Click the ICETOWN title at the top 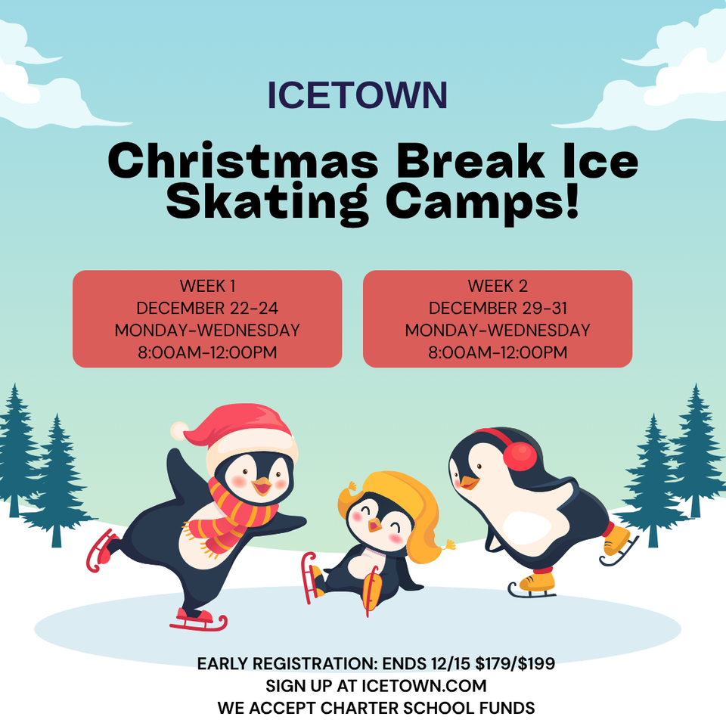click(358, 95)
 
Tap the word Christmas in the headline click(243, 160)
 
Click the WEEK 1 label click(207, 286)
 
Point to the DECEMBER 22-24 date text click(207, 308)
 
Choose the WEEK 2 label click(498, 286)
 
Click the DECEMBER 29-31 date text click(498, 308)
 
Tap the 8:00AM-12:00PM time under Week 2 click(498, 352)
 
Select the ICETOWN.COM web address click(423, 686)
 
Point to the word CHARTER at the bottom click(358, 708)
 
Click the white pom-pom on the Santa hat click(179, 430)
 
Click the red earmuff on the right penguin click(520, 456)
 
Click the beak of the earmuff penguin click(468, 482)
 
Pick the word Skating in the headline click(267, 202)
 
